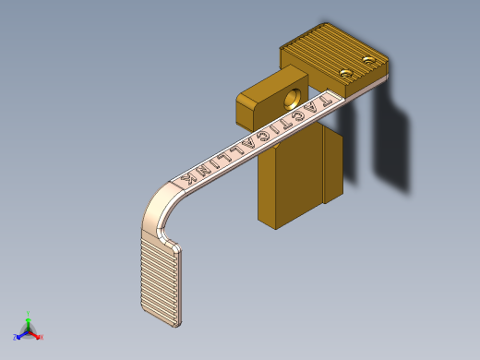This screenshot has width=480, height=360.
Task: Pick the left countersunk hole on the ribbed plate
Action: [x=346, y=72]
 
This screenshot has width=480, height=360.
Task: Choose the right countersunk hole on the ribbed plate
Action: [x=369, y=61]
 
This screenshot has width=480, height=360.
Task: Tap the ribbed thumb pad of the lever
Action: [x=161, y=277]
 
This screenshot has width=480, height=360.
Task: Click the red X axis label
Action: [x=41, y=337]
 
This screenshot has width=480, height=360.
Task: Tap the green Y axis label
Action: [x=29, y=314]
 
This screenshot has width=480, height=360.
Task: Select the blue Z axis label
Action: [x=18, y=335]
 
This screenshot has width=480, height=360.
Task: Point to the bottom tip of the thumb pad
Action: [x=175, y=325]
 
